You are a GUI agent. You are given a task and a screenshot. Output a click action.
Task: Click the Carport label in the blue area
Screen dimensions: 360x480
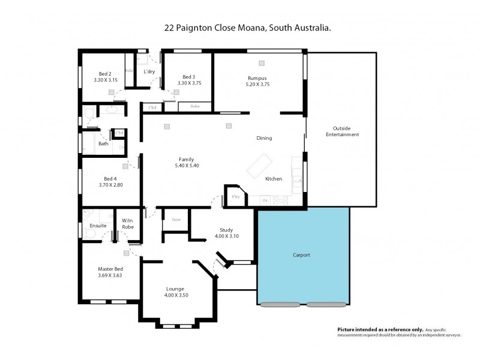(301, 255)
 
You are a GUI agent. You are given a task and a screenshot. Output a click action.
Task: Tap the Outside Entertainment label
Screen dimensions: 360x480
(342, 131)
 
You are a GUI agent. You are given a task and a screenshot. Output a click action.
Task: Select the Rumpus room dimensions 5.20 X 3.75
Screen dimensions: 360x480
(257, 85)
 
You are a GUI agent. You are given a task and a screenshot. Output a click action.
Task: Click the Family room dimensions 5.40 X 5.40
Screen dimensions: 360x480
(186, 165)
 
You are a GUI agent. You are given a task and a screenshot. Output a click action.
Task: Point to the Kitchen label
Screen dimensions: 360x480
(274, 179)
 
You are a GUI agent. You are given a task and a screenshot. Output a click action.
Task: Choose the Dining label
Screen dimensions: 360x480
(264, 138)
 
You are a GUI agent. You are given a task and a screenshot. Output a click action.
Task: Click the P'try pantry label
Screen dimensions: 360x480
(235, 197)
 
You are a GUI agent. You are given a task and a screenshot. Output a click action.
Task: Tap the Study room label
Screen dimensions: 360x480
(226, 230)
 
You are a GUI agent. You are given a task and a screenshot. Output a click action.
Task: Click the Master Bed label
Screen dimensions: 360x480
(110, 269)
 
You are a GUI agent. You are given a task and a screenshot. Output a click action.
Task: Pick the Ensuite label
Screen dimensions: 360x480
(98, 226)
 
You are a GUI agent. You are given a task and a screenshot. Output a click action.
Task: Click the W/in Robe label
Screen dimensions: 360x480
(127, 224)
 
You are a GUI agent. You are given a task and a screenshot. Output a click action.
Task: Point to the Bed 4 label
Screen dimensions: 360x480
(110, 178)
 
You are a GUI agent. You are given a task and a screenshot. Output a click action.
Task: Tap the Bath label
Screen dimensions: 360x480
(103, 143)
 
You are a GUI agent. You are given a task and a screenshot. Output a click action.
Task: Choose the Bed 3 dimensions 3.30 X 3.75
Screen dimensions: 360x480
(189, 83)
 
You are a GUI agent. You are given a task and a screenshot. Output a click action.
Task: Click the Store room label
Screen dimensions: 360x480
(176, 220)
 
